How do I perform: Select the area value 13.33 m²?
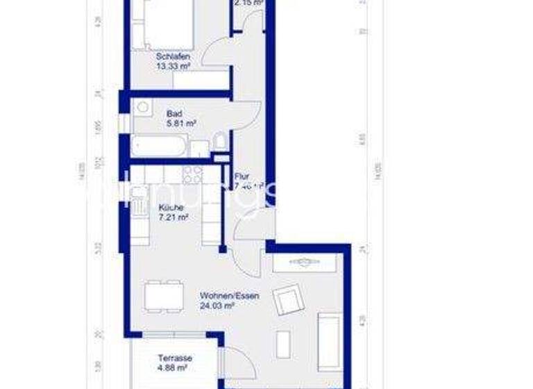[x=174, y=67]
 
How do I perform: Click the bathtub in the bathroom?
[x=159, y=147]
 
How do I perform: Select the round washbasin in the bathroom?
[x=142, y=107]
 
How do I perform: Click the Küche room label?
[x=171, y=207]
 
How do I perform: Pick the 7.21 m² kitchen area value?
[x=174, y=217]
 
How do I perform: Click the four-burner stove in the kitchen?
[x=193, y=174]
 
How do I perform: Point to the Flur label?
[x=242, y=176]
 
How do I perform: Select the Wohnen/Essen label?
[x=229, y=295]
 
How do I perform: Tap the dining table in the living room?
[x=164, y=297]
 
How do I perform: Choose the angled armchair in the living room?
[x=289, y=301]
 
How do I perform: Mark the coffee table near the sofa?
[x=282, y=343]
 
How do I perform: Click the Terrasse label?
[x=174, y=358]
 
